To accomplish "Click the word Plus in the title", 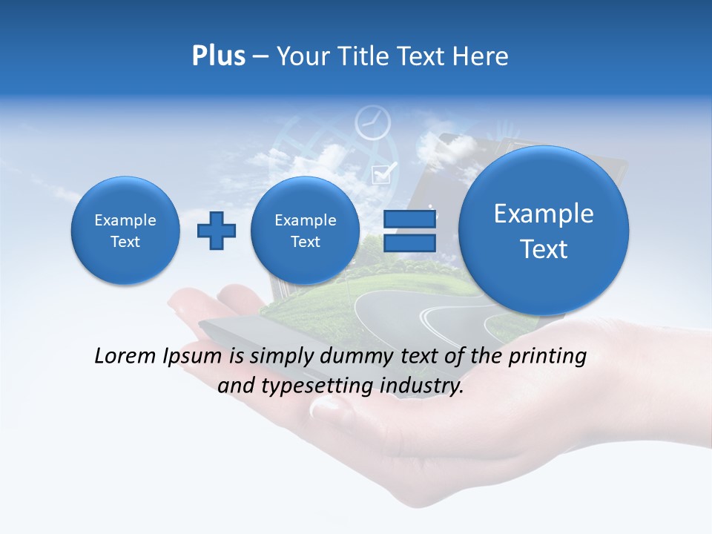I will [x=218, y=56].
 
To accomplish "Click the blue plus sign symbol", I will [x=216, y=231].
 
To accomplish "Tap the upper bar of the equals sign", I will [x=409, y=220].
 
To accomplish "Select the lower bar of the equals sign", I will [x=409, y=243].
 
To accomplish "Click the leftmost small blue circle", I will [x=125, y=231].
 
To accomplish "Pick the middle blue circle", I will [x=305, y=231].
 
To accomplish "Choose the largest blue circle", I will [x=544, y=231].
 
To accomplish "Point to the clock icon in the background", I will [x=372, y=123].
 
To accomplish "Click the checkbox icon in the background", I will [x=383, y=174].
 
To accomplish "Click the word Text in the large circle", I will [x=544, y=249].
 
